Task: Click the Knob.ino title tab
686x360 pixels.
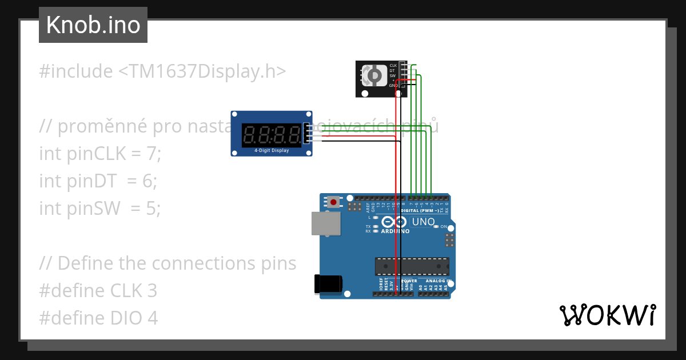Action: coord(93,25)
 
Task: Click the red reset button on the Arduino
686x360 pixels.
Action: coord(333,201)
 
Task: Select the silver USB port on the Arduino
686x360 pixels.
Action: coord(325,223)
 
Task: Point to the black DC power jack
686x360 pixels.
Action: coord(328,284)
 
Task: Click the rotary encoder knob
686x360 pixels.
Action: coord(373,75)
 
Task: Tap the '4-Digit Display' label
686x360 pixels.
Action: coord(272,151)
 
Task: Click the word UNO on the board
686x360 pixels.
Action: coord(424,221)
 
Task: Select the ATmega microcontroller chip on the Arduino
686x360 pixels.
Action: coord(412,266)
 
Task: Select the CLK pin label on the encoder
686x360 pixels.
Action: coord(393,66)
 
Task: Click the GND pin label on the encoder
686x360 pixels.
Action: coord(393,85)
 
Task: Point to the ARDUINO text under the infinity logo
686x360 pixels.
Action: coord(395,231)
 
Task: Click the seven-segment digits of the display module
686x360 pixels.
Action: coord(272,135)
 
